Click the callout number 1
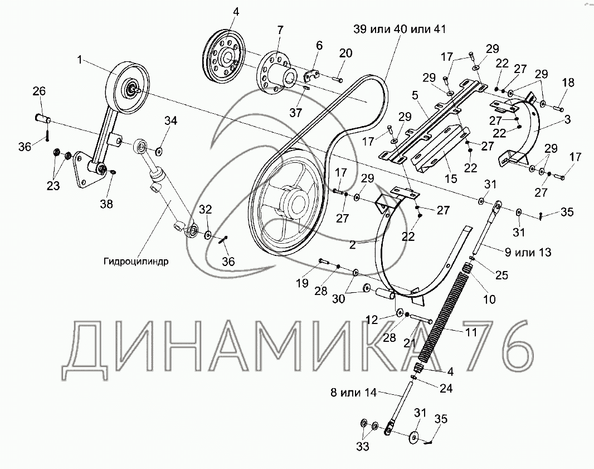coord(80,60)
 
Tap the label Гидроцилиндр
coord(135,261)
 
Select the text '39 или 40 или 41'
coord(400,29)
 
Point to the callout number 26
coord(39,91)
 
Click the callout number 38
coord(106,204)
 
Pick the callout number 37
coord(296,112)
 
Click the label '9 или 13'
coord(528,252)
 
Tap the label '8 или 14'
coord(353,392)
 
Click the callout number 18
coord(568,83)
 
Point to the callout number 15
coord(451,178)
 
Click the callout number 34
coord(171,120)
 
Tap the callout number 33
coord(363,447)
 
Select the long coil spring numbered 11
coord(444,315)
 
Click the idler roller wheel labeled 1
coord(127,86)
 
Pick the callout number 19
coord(303,283)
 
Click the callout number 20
coord(345,53)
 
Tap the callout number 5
coord(415,95)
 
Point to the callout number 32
coord(205,209)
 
